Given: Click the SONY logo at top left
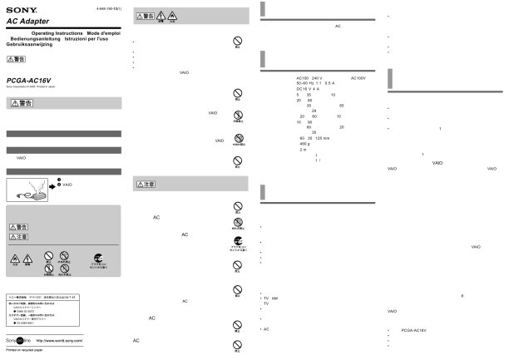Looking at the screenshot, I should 17,7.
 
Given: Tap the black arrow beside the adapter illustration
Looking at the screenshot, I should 52,188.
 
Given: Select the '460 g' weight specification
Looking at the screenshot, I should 304,143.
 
